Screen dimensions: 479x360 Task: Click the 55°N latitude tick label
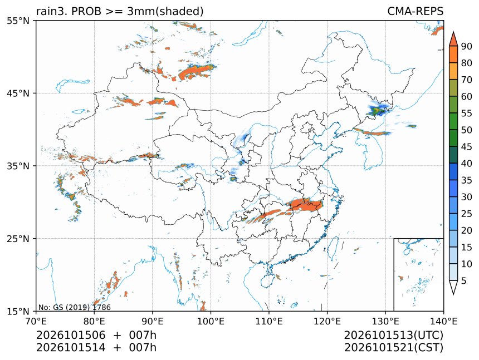(x=18, y=21)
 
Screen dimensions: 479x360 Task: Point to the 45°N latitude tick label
(x=18, y=93)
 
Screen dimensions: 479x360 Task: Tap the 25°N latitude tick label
(x=18, y=239)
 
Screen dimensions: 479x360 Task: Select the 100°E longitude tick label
(x=211, y=321)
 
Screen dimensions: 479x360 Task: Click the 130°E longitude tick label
(x=385, y=321)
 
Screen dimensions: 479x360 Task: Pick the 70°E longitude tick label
(x=36, y=321)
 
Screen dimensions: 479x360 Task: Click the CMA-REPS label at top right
(x=415, y=11)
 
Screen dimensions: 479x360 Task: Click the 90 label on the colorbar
(x=467, y=46)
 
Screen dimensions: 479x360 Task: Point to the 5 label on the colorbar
(x=464, y=281)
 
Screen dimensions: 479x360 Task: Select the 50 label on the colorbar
(x=467, y=130)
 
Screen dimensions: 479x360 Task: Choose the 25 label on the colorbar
(x=467, y=214)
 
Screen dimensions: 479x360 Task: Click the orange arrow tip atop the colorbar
(x=453, y=32)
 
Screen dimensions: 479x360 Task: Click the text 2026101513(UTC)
(x=393, y=335)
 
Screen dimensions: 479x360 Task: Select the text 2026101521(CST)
(x=393, y=348)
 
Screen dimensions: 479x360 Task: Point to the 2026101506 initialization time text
(x=71, y=335)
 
